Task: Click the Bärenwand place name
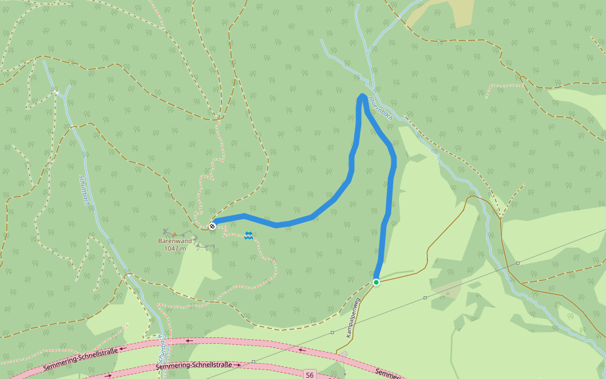coord(175,241)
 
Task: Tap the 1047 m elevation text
coord(175,248)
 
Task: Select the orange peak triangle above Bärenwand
coord(175,234)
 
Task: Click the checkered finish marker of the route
coord(213,225)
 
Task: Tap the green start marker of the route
coord(376,282)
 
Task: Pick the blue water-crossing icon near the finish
coord(249,236)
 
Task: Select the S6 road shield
coord(309,375)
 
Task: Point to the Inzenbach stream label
coord(383,108)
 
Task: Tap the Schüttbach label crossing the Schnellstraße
coord(162,347)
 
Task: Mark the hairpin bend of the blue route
coord(362,96)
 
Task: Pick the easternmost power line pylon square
coord(518,263)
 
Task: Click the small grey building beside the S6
coord(343,354)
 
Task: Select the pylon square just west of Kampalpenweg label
coord(332,332)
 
